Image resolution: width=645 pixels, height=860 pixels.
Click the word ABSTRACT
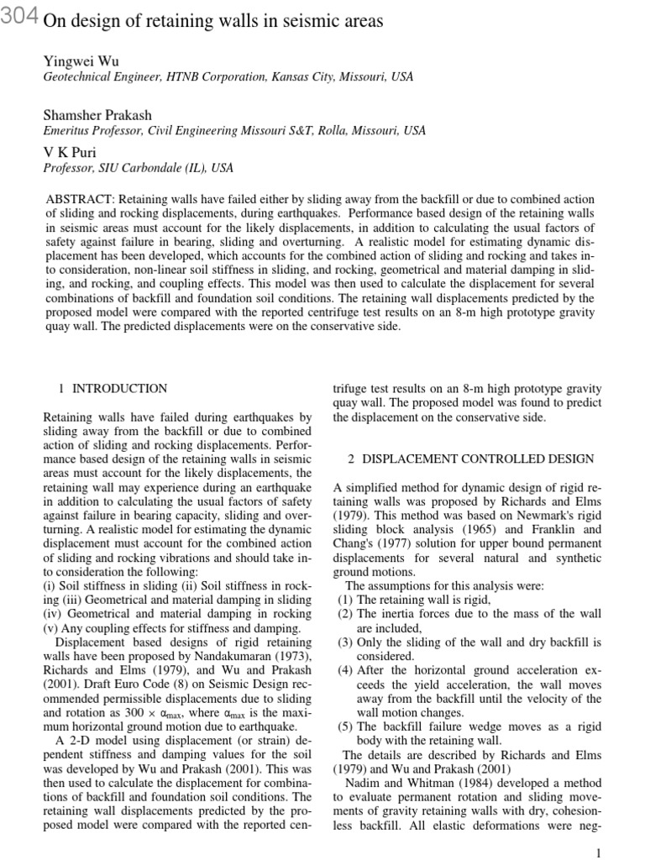point(81,199)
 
